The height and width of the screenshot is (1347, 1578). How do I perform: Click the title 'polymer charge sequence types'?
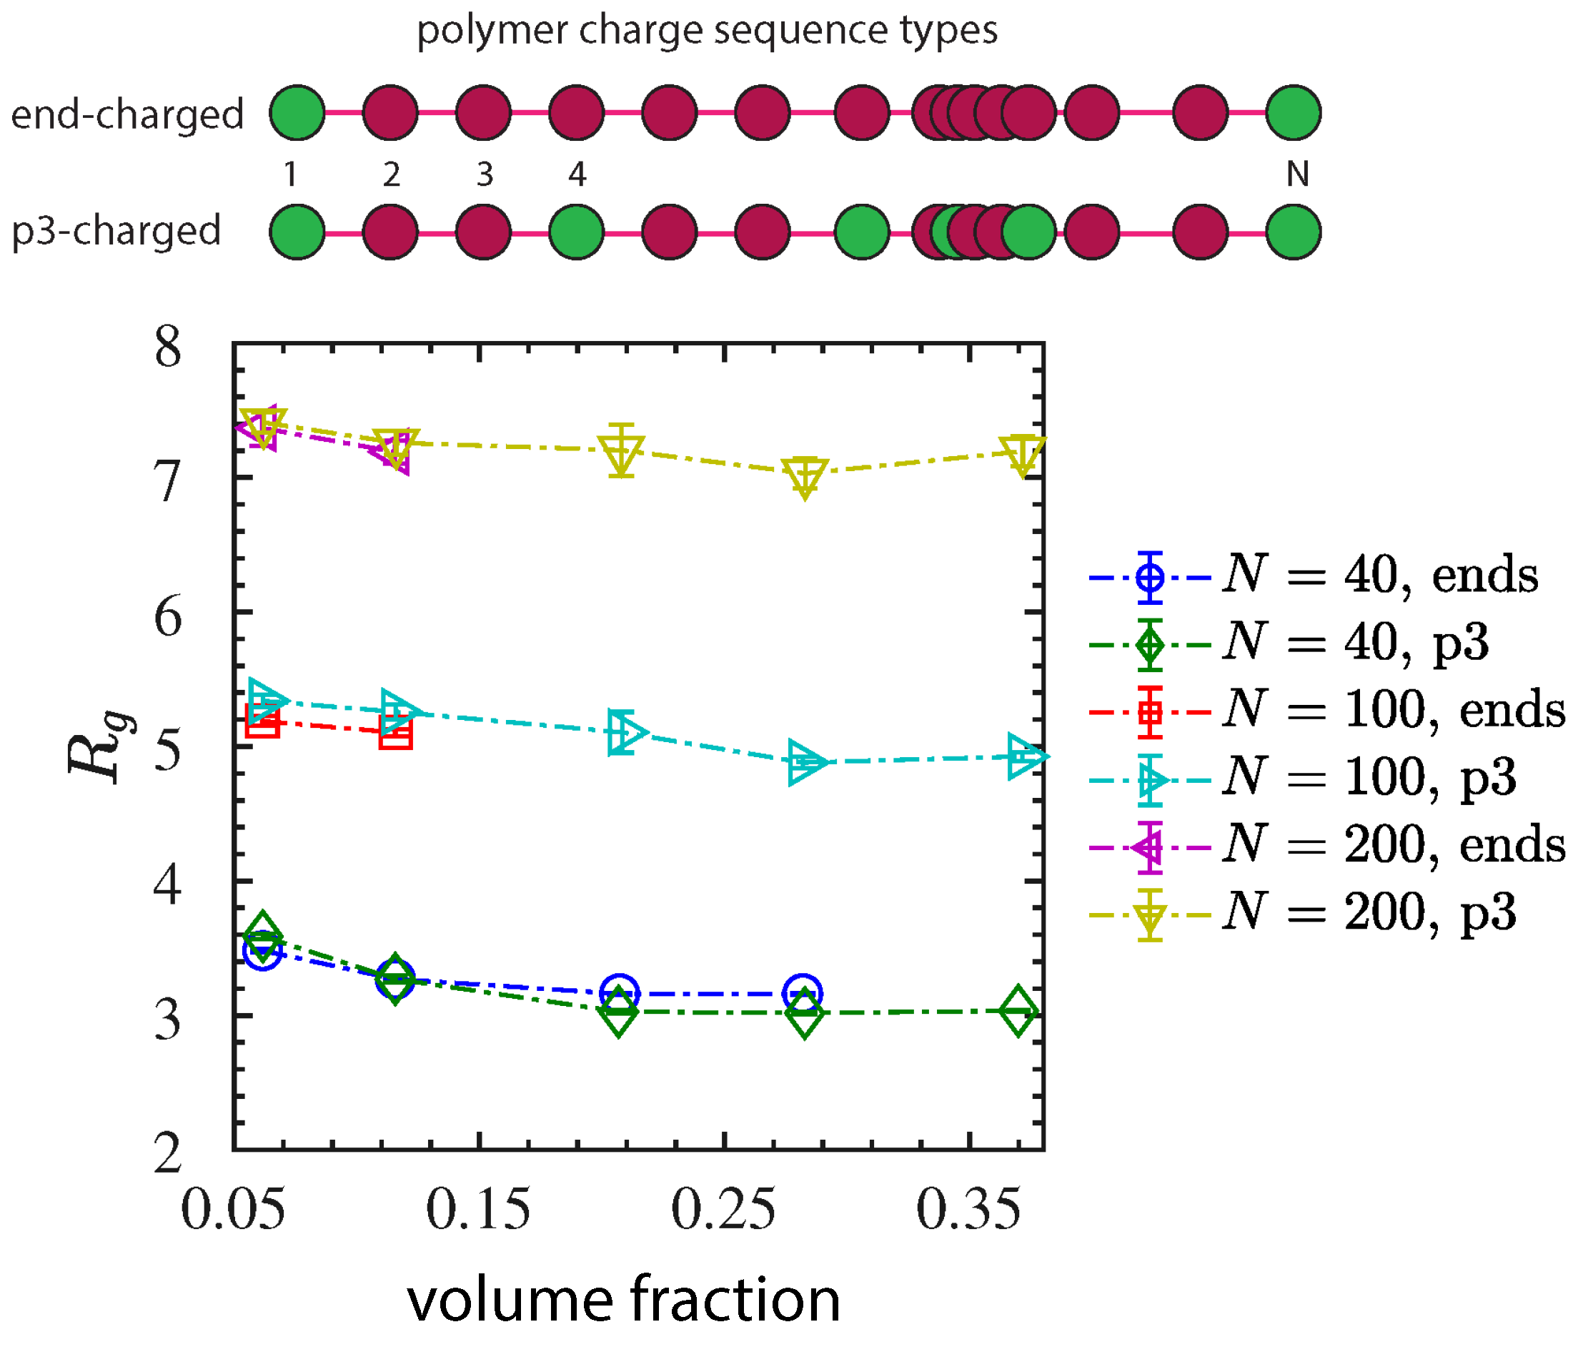click(707, 31)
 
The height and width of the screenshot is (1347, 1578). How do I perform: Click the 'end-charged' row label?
click(127, 114)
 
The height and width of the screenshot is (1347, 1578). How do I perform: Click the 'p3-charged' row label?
click(116, 231)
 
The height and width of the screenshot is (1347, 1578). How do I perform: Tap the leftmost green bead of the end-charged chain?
click(297, 113)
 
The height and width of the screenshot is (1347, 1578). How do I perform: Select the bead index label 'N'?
click(1297, 174)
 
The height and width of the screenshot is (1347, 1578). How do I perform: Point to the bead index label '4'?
click(577, 174)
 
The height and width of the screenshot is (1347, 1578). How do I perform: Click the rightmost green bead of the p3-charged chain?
click(1293, 232)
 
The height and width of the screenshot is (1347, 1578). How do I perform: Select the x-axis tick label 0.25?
click(723, 1210)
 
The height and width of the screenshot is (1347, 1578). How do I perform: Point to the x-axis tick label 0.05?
click(233, 1210)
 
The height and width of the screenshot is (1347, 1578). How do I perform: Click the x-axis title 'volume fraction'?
click(624, 1300)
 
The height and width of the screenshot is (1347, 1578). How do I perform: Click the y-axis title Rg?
click(99, 747)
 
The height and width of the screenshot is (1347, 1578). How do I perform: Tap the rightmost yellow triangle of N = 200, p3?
click(1022, 453)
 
